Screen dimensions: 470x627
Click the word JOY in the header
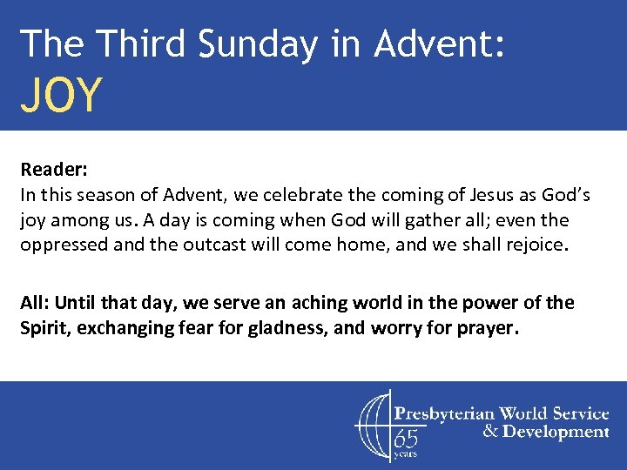62,96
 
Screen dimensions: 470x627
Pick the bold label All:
36,303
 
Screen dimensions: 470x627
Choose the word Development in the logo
556,432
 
